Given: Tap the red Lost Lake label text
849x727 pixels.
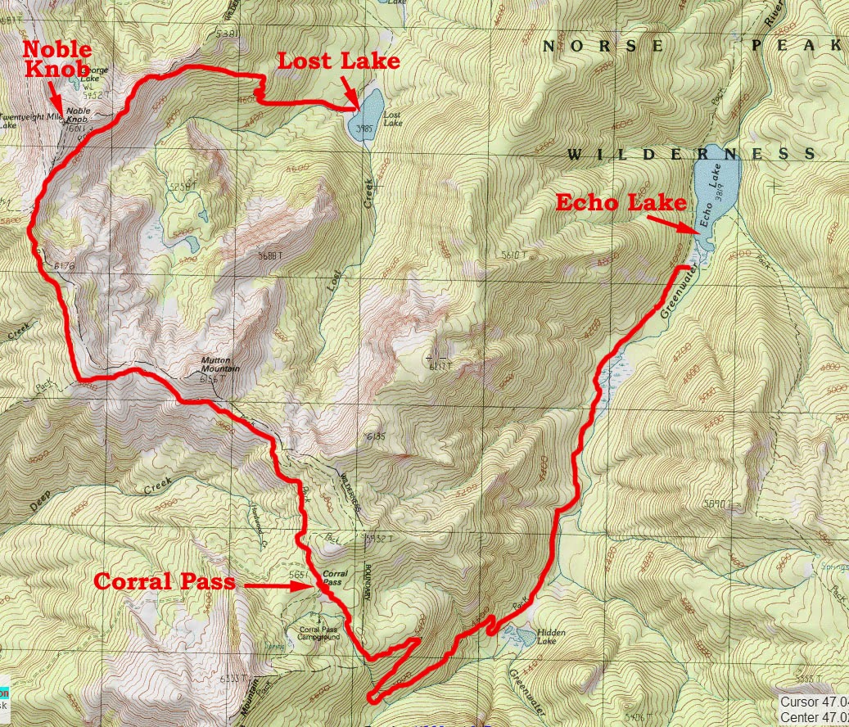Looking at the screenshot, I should [338, 61].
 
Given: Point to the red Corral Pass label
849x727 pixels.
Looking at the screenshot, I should [165, 582].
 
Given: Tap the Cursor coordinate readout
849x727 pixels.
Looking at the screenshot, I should [812, 702].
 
